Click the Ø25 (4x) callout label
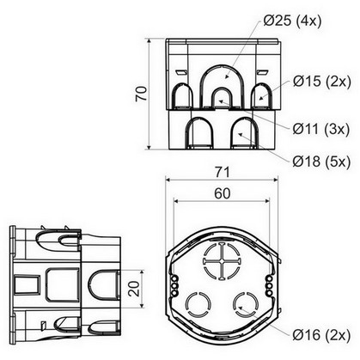292,21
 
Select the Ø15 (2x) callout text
322,82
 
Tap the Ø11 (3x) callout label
321,129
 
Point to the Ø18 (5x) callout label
321,162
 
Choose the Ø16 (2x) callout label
321,335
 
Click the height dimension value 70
142,94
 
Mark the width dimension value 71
222,172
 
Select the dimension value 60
222,193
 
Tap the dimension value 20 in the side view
134,289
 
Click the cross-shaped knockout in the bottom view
222,261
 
